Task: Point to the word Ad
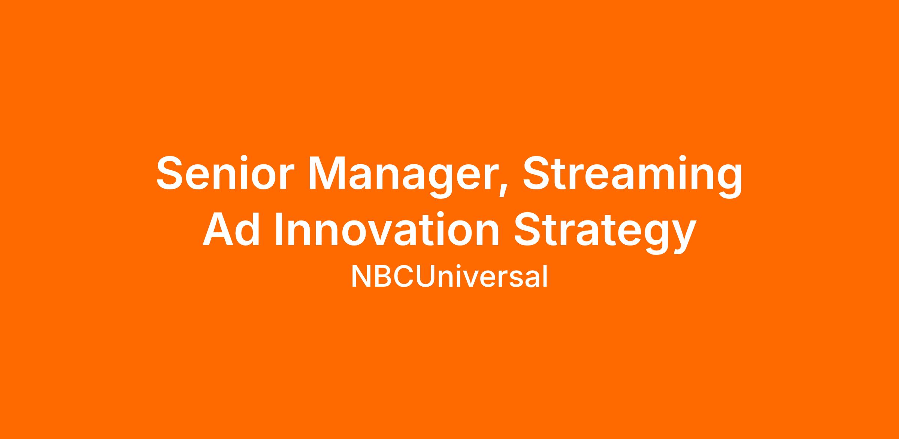(x=231, y=228)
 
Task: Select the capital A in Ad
(x=218, y=228)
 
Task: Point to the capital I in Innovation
(x=279, y=228)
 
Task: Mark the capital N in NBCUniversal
(x=360, y=276)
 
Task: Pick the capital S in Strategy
(x=529, y=228)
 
